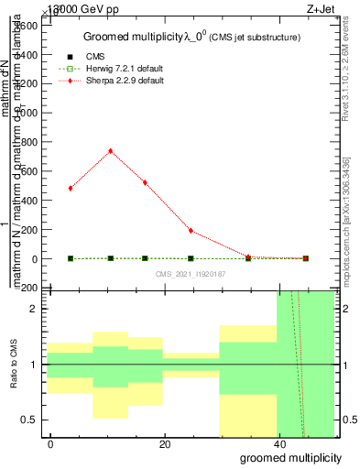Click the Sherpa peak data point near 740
pos(111,151)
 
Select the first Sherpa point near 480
pos(71,188)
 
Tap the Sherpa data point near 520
pos(145,182)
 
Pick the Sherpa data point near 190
pos(191,231)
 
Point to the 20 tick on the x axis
pos(164,444)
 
